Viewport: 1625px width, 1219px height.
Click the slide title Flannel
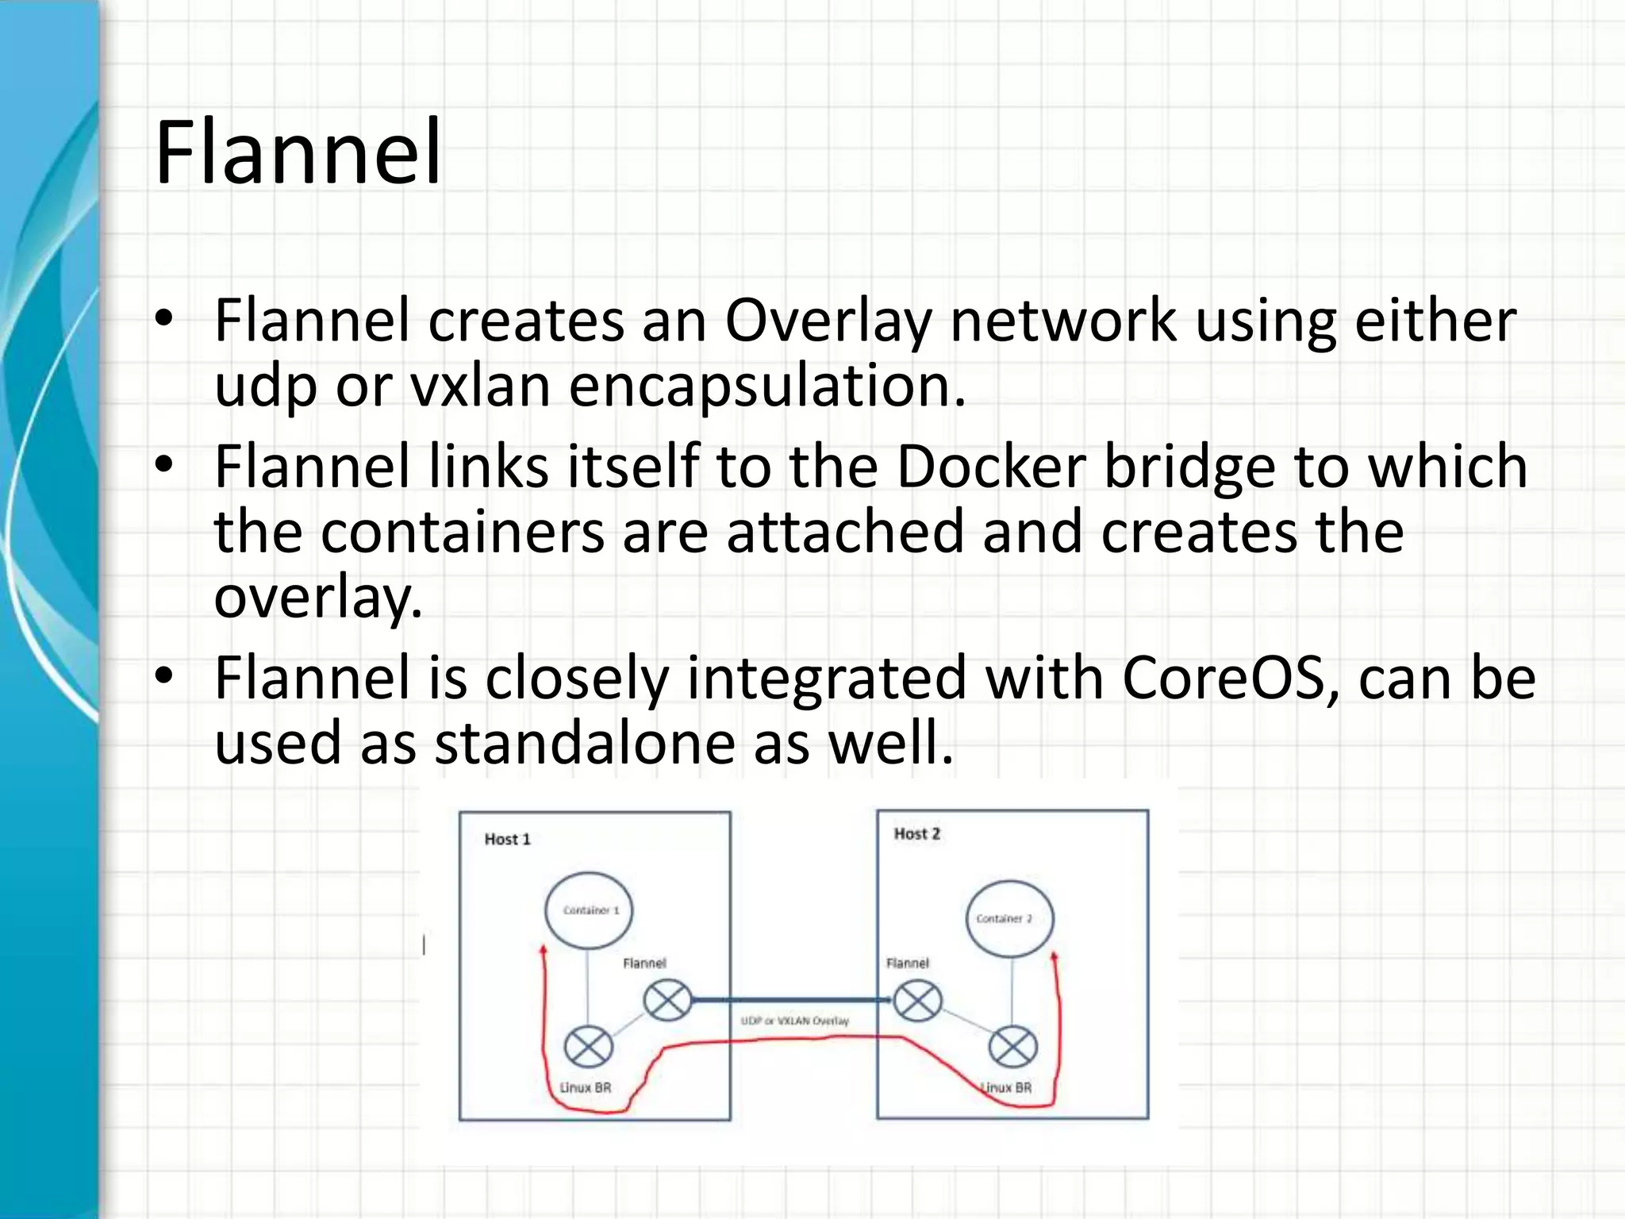298,152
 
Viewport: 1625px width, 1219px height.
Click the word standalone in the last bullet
585,744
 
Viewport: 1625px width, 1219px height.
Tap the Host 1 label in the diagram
507,839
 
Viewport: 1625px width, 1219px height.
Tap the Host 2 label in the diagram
916,833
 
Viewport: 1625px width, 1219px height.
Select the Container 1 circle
589,910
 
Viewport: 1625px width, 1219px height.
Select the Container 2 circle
1009,918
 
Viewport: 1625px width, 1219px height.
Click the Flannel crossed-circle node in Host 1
667,1001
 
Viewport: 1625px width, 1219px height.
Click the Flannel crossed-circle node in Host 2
917,1001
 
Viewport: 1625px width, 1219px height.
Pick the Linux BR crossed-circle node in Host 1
588,1047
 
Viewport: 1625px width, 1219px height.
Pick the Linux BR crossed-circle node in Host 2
1012,1047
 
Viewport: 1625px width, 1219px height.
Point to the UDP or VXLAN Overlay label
794,1021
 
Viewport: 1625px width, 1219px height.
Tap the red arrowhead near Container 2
1055,958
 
